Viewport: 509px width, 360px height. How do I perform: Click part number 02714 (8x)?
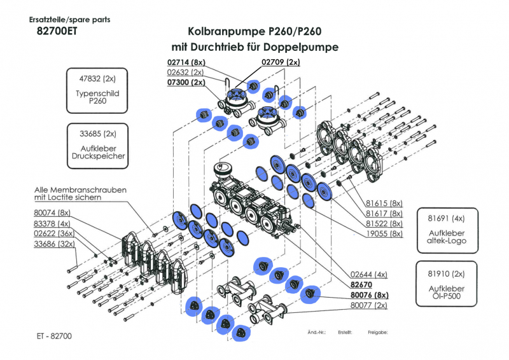[x=186, y=62]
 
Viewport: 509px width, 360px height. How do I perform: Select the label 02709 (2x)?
[x=280, y=62]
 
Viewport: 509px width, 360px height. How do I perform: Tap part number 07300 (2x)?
[x=186, y=83]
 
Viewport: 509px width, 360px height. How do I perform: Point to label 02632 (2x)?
[x=186, y=73]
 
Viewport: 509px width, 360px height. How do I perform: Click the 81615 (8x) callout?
[x=384, y=204]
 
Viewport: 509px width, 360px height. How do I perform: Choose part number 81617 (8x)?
[x=384, y=214]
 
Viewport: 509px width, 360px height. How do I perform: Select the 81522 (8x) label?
[x=384, y=224]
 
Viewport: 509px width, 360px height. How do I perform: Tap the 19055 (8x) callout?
[x=384, y=234]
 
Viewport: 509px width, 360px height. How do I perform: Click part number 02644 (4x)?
[x=368, y=274]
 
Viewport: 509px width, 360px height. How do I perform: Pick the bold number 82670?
[x=360, y=285]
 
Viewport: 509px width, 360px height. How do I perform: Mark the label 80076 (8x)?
[x=369, y=295]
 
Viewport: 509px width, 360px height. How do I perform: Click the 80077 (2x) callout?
[x=368, y=306]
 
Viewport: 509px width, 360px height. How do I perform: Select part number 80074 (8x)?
[x=52, y=212]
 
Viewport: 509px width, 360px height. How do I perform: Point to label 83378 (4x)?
[x=52, y=223]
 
